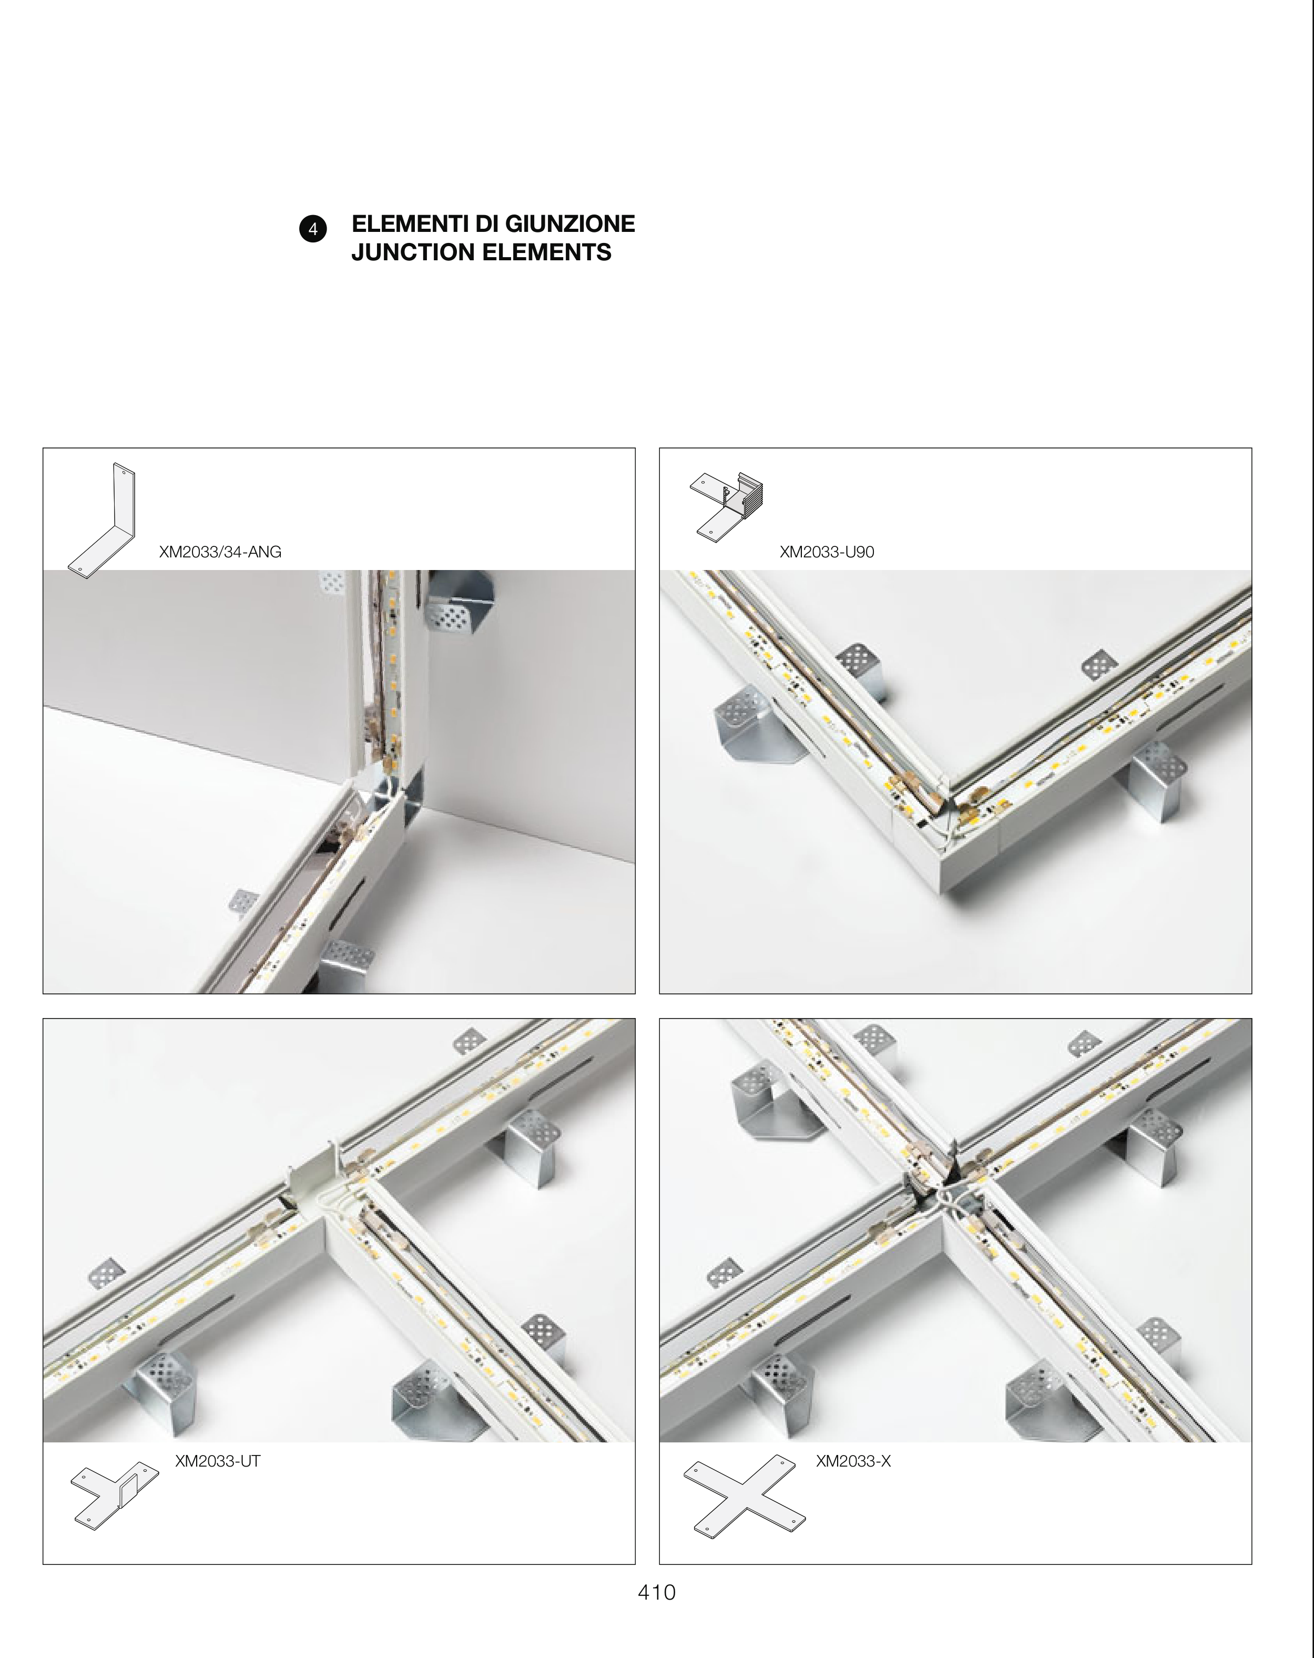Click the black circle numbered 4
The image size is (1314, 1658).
(x=313, y=229)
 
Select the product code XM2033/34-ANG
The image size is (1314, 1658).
(x=220, y=552)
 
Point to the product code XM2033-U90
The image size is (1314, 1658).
(x=827, y=552)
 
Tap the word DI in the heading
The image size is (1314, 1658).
(x=482, y=224)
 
